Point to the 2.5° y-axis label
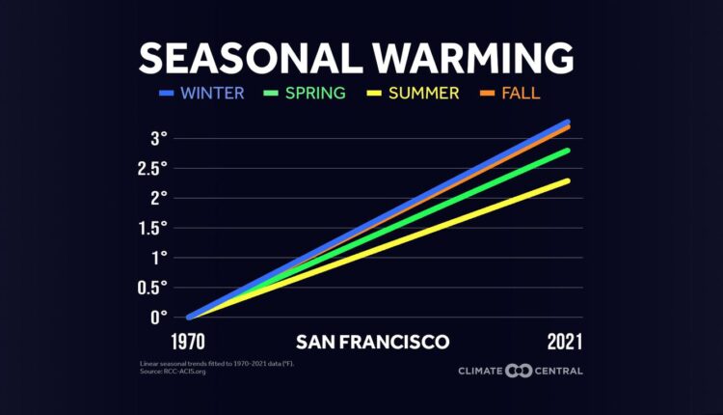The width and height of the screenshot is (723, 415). pos(152,168)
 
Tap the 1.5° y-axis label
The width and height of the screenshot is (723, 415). pos(153,228)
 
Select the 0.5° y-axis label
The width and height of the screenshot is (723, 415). pos(152,288)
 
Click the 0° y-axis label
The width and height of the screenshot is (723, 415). pos(159,318)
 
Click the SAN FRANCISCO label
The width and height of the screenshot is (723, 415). pos(372,342)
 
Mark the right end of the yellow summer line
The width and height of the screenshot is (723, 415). pos(567,180)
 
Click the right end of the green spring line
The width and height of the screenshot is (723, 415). pos(567,151)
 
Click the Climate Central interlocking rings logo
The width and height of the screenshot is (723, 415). pos(520,371)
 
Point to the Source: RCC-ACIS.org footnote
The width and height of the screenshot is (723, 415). pos(173,371)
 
